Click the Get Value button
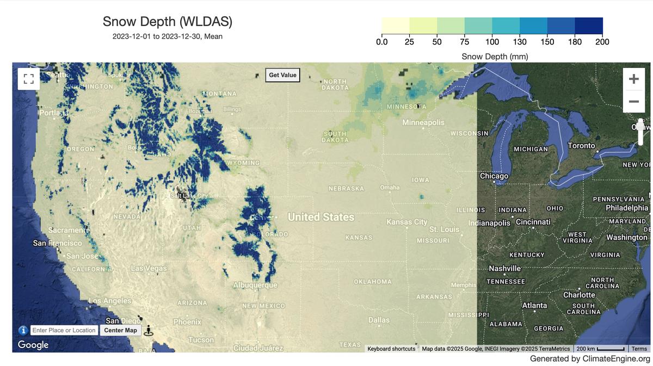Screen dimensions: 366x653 [x=282, y=75]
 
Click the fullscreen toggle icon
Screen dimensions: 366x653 [x=28, y=78]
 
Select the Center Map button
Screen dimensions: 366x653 [x=120, y=330]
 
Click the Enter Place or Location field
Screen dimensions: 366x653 [x=64, y=330]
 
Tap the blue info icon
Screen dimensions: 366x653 [x=23, y=330]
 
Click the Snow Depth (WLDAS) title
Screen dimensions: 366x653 [x=168, y=22]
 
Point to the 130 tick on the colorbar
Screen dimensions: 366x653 [x=520, y=42]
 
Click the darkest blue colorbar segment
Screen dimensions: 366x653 [x=589, y=26]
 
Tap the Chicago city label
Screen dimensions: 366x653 [x=494, y=176]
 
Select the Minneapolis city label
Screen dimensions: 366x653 [x=423, y=122]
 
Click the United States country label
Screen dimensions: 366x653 [x=321, y=217]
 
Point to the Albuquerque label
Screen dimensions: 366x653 [x=255, y=285]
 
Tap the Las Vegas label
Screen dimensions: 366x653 [x=149, y=268]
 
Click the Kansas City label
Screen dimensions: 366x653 [x=406, y=222]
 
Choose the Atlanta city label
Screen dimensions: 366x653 [x=534, y=305]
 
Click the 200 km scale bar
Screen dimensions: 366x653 [x=600, y=349]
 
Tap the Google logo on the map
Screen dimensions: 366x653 [x=33, y=345]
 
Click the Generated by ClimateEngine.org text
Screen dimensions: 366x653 [x=590, y=359]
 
